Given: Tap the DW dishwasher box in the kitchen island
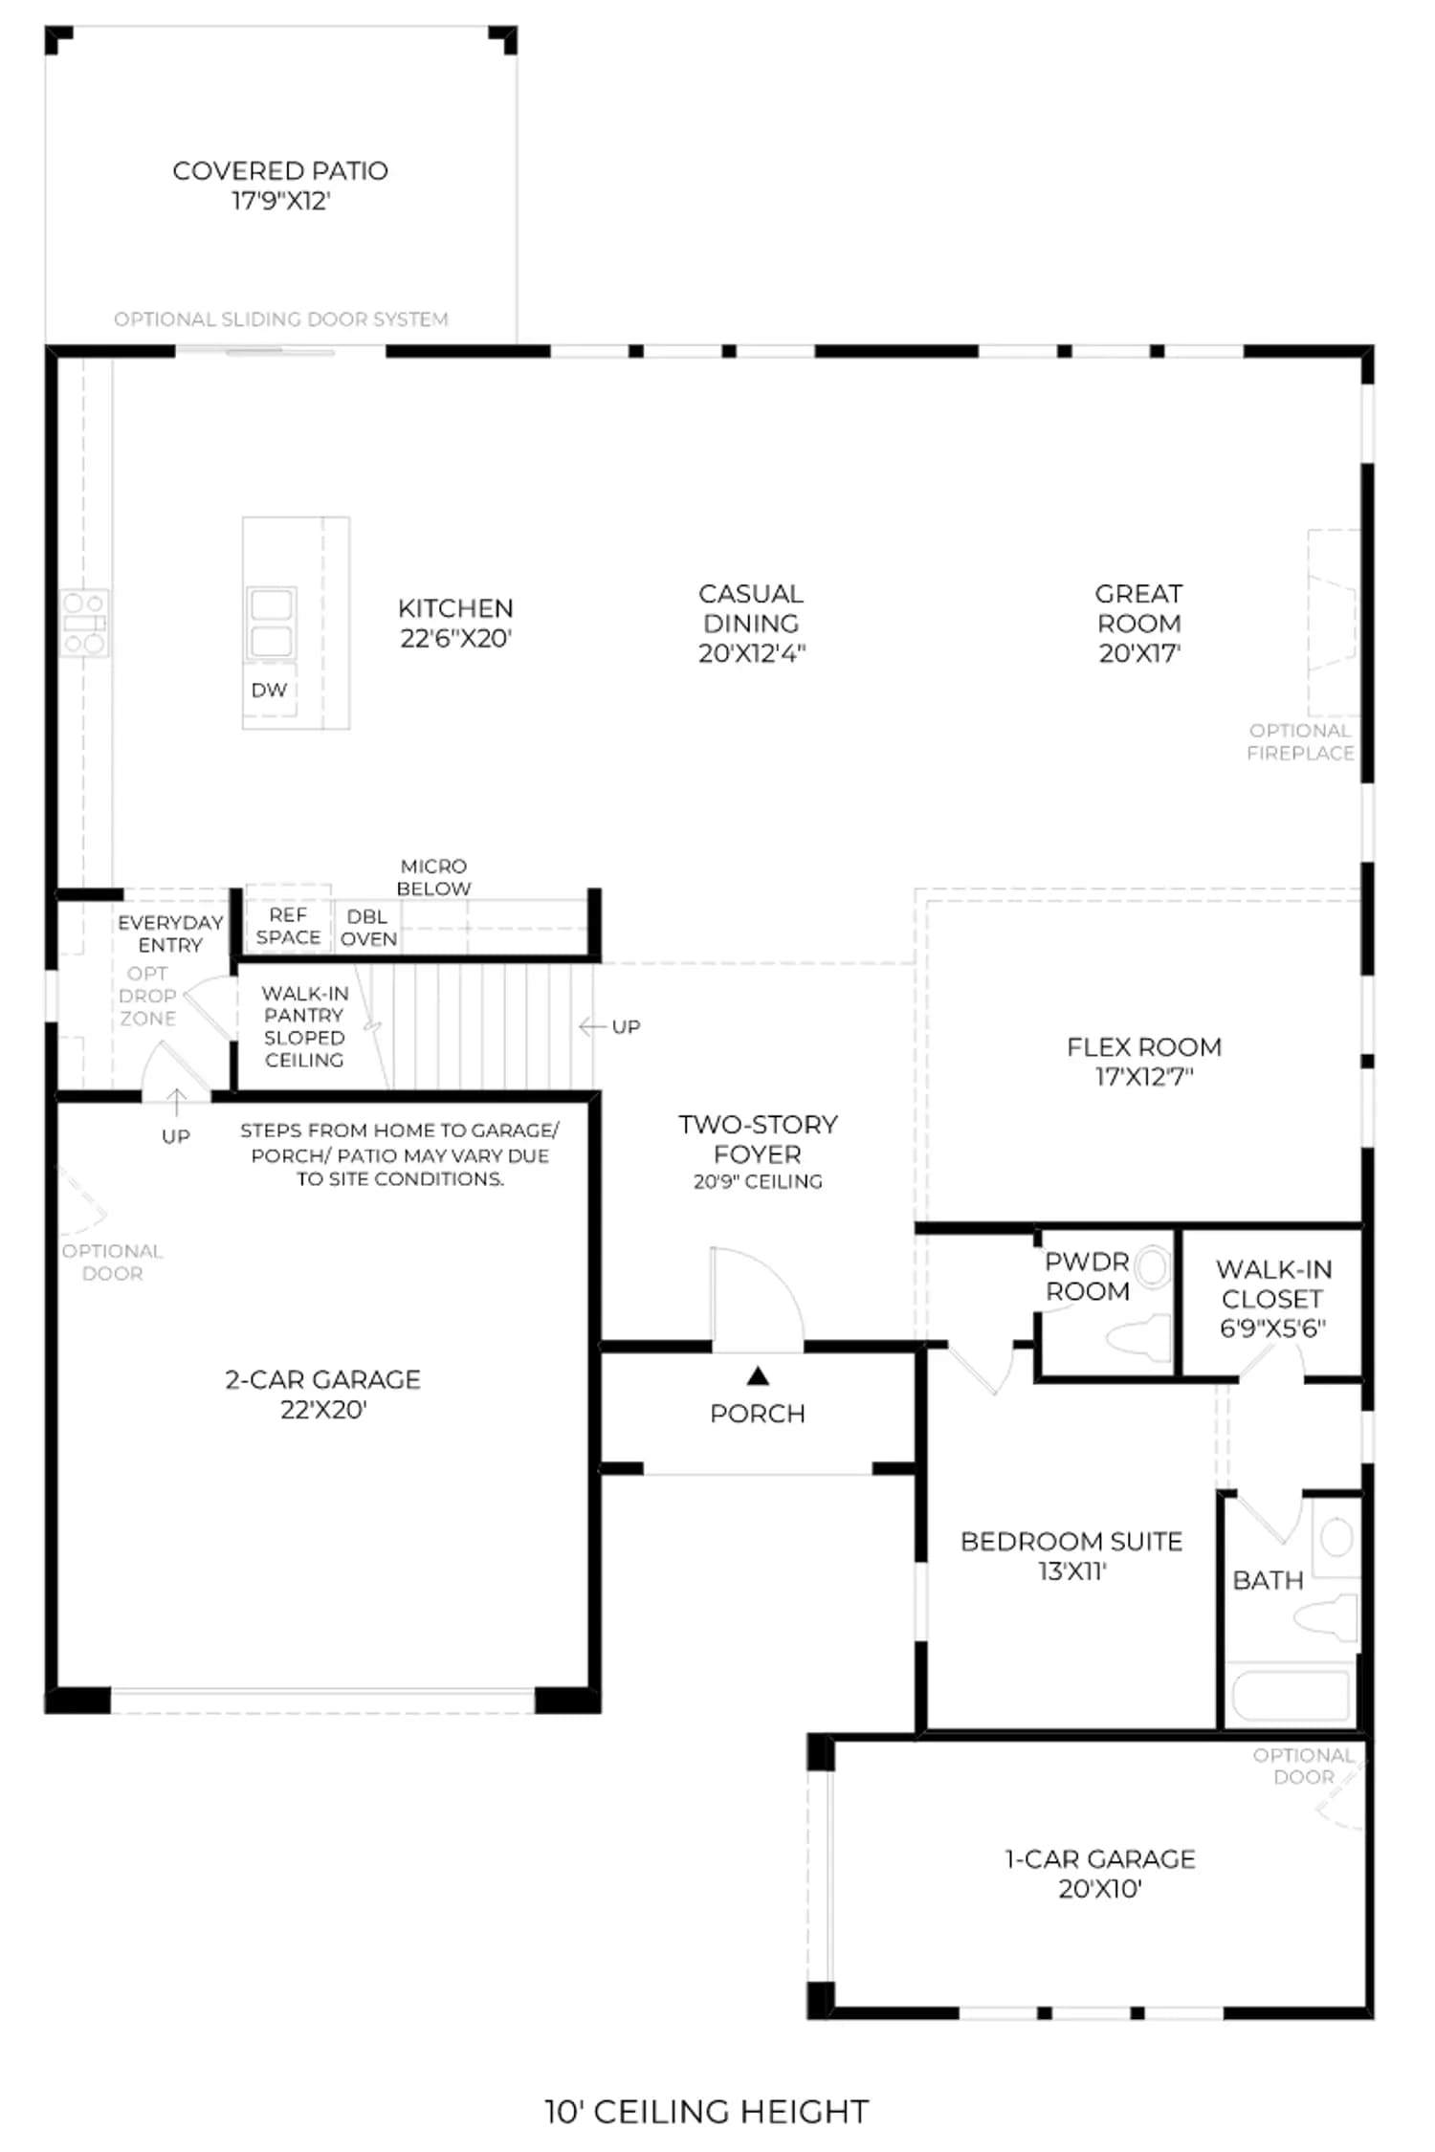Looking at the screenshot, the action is (269, 690).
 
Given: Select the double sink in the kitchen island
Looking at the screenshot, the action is (271, 623).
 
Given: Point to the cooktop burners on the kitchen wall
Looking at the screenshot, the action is (84, 623).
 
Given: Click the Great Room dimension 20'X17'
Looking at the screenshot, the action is (1139, 653).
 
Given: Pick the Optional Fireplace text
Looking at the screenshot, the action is (1301, 741).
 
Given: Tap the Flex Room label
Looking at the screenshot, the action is (1144, 1047).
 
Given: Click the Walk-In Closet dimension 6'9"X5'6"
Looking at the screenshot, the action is (1272, 1329).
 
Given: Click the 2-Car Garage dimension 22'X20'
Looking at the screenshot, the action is (323, 1409).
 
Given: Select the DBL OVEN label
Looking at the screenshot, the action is (368, 928).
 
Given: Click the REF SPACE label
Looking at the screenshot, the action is (288, 926).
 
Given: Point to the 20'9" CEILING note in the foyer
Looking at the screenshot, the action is (758, 1181).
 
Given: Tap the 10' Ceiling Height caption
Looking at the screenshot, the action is (707, 2111).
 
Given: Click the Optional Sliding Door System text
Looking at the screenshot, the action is (281, 318).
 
